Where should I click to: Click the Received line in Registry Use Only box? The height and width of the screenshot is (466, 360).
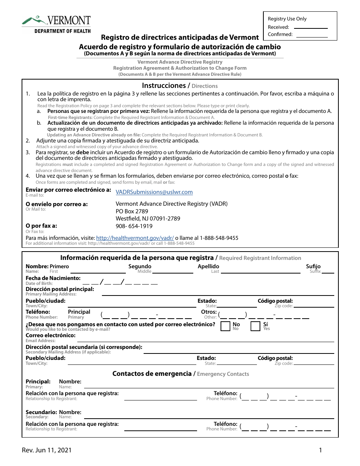[x=311, y=28]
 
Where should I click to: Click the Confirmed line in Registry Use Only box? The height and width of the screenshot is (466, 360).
[x=311, y=36]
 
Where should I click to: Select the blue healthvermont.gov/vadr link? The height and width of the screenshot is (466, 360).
[x=135, y=238]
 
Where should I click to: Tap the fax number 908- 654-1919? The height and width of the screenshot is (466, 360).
[x=134, y=226]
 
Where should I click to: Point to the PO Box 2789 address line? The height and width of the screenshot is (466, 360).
[x=132, y=211]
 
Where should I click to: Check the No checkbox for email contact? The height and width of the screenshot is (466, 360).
[x=225, y=326]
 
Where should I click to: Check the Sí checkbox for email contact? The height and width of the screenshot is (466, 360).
[x=255, y=326]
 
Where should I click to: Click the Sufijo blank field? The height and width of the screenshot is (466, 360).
[x=328, y=272]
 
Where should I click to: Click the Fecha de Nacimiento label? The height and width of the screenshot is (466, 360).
[x=53, y=278]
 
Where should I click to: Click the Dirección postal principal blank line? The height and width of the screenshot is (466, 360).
[x=218, y=294]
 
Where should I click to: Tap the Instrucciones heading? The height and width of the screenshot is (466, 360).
[x=163, y=86]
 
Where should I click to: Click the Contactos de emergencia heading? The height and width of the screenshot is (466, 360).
[x=152, y=374]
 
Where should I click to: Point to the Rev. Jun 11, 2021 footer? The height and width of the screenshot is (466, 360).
[x=47, y=450]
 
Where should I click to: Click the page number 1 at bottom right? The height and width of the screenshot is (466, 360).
[x=320, y=450]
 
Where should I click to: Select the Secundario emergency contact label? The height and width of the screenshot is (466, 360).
[x=41, y=412]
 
